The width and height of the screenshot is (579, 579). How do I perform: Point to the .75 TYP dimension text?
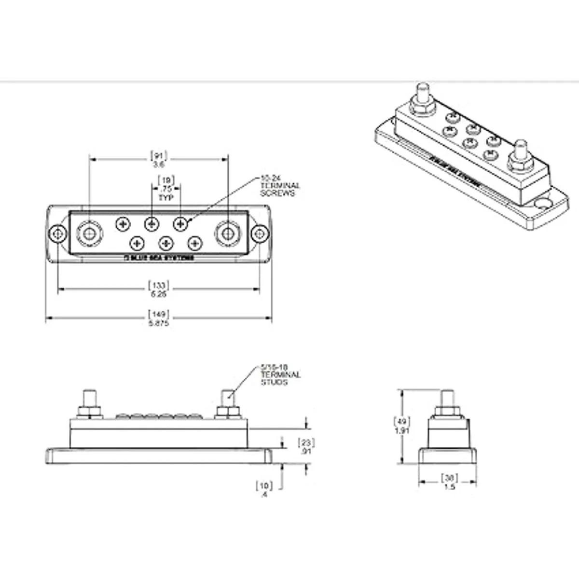pyautogui.click(x=166, y=189)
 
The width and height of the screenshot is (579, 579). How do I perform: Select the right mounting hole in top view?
pyautogui.click(x=260, y=234)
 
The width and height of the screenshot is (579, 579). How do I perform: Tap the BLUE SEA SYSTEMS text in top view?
pyautogui.click(x=158, y=259)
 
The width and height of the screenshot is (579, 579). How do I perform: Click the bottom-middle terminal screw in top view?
pyautogui.click(x=166, y=243)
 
